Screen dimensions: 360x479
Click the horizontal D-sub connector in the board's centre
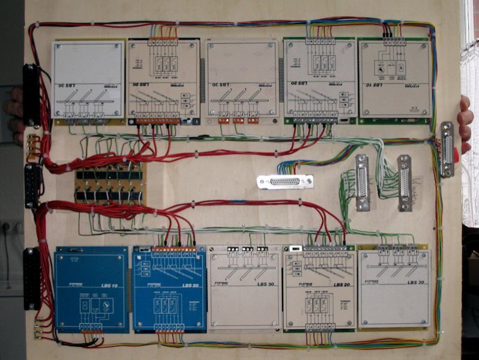[x=285, y=182]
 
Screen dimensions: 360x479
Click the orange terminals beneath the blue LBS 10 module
[x=92, y=329]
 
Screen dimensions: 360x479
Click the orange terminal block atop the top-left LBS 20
[x=163, y=41]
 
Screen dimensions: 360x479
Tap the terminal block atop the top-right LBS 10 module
[x=394, y=41]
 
